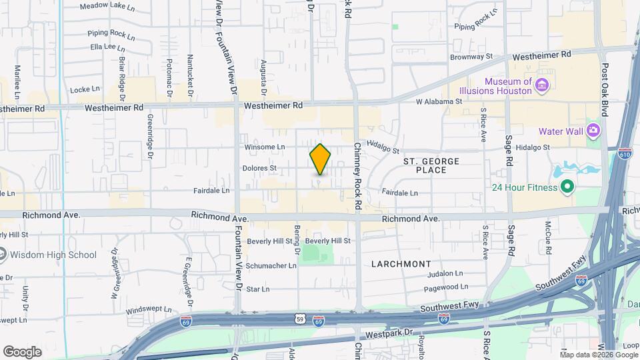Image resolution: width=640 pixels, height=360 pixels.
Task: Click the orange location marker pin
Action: click(321, 159)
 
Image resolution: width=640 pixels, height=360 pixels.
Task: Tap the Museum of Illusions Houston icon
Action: click(541, 86)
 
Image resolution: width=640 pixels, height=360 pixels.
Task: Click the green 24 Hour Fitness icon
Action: click(567, 187)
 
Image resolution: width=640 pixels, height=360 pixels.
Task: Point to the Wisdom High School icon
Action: click(3, 255)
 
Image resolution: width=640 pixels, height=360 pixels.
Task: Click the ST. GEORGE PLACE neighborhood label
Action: click(431, 166)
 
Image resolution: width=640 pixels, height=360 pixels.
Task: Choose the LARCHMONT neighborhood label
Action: click(401, 264)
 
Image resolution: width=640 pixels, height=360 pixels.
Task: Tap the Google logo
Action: click(22, 351)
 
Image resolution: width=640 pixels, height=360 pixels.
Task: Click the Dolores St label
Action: click(259, 168)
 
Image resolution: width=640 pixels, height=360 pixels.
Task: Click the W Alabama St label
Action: click(439, 101)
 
